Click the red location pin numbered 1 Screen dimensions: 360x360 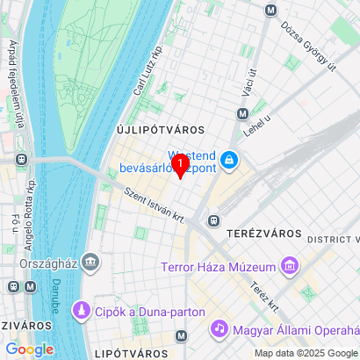point(180,164)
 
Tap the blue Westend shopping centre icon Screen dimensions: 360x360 point(229,159)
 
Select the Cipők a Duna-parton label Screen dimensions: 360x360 point(150,311)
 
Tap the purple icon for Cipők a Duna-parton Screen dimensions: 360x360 point(82,310)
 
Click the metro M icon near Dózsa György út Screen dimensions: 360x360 point(270,10)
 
